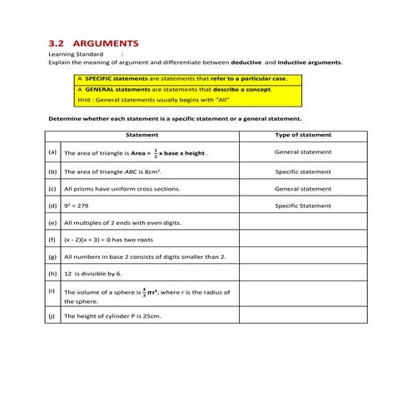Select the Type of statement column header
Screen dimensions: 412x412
303,135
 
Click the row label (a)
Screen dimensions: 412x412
53,153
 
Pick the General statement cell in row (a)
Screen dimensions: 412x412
303,152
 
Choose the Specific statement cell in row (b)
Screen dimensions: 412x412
303,171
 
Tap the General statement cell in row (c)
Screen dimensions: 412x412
303,189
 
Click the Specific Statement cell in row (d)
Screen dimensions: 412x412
303,206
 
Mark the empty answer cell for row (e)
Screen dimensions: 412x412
303,223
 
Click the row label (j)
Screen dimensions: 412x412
53,317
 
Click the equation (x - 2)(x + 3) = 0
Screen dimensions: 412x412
94,240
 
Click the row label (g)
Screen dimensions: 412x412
53,256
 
